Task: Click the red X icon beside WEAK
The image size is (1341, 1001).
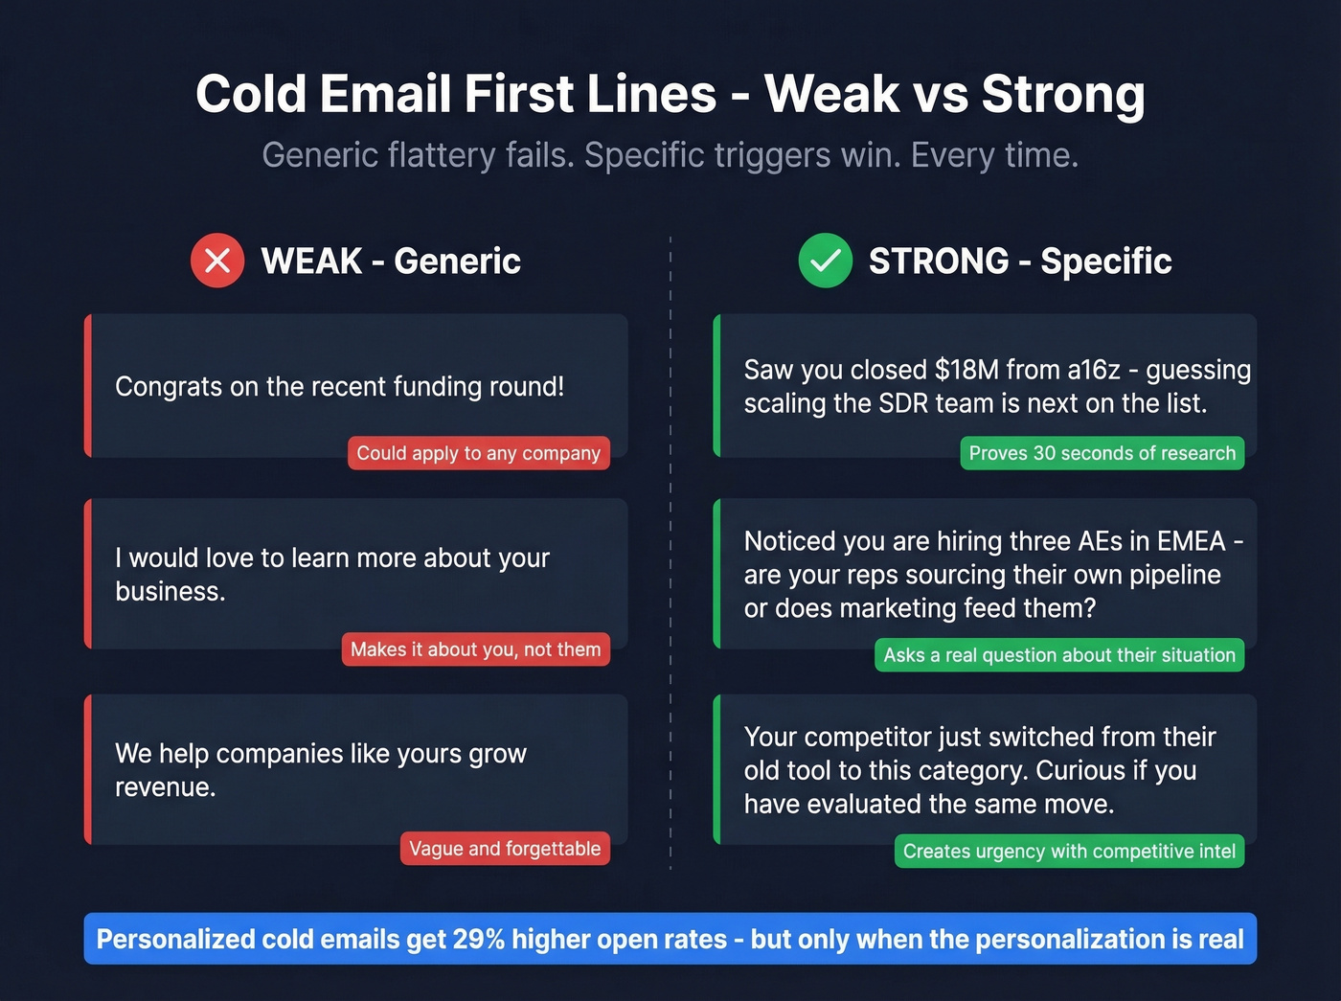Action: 217,261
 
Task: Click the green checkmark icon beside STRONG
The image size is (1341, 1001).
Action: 825,261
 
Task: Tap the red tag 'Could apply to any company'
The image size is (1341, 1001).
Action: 478,453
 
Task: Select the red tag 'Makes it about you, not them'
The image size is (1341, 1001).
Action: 475,649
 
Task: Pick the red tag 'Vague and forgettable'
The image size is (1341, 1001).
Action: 504,849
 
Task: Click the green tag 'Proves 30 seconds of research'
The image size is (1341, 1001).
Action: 1102,453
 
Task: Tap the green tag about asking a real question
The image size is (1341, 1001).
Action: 1058,655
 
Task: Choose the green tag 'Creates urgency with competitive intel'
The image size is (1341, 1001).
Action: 1068,852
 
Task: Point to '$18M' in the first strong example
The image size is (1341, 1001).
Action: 967,370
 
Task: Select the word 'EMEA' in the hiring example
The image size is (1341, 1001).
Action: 1191,541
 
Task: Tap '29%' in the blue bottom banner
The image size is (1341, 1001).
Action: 478,939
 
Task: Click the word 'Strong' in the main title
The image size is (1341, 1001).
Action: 1063,94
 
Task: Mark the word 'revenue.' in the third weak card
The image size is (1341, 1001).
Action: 165,787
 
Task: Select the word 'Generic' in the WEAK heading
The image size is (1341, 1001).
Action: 457,262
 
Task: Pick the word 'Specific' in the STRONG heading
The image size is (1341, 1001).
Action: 1105,262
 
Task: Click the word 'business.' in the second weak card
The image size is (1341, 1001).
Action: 170,592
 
